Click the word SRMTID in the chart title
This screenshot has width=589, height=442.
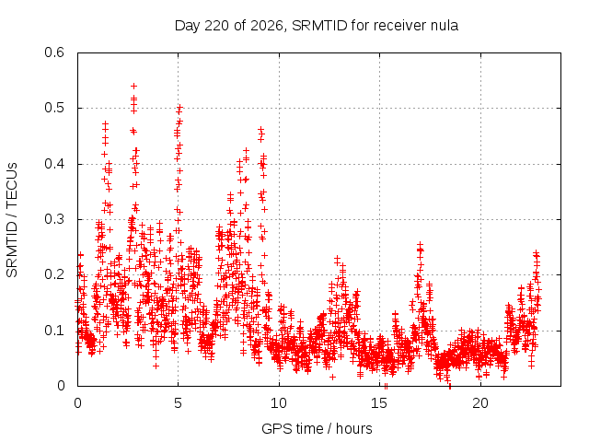coord(319,26)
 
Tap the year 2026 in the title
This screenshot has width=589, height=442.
coord(266,26)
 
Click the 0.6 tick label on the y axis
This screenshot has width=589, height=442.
coord(54,52)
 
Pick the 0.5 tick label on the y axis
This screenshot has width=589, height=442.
coord(54,108)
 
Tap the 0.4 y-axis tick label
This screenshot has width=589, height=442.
coord(54,164)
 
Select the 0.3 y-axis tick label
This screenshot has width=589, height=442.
coord(54,219)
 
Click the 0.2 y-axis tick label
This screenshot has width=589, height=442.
coord(54,274)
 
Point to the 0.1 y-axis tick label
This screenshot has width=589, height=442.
coord(54,331)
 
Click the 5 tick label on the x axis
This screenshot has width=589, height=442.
coord(178,403)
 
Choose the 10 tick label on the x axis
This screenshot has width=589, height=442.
coord(279,403)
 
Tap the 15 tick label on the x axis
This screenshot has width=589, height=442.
coord(379,403)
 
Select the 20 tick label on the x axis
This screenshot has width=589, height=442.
coord(480,403)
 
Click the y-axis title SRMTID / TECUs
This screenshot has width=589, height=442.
coord(12,220)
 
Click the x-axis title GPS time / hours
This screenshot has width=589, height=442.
coord(317,428)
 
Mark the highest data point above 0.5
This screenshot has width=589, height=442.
coord(133,86)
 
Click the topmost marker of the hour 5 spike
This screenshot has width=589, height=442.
coord(180,108)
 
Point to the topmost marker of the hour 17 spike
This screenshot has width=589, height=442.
coord(420,245)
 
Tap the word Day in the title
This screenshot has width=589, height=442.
coord(188,26)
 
